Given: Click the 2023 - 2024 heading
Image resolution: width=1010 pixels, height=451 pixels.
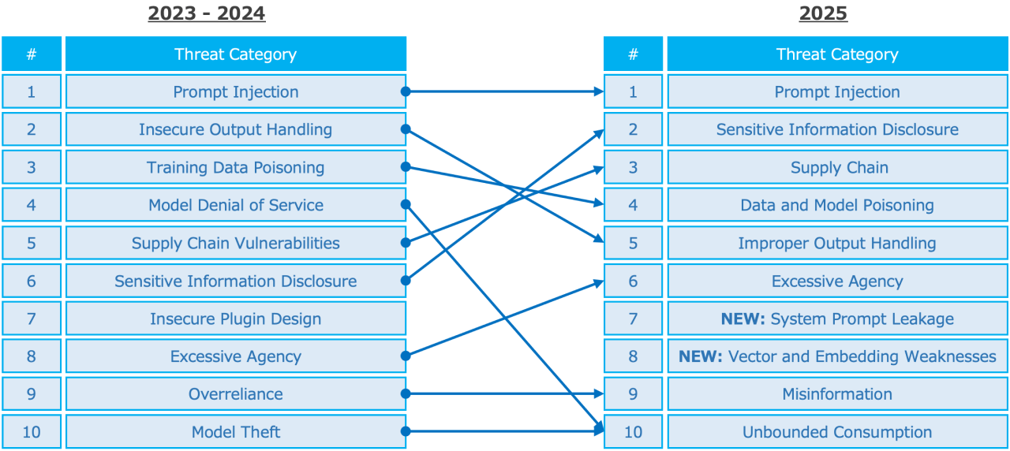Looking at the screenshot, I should click(207, 13).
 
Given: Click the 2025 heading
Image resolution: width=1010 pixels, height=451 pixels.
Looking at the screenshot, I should click(823, 13).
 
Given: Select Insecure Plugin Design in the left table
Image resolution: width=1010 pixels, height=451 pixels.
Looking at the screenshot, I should click(235, 319).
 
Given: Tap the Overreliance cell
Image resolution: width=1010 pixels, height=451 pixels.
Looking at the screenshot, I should click(235, 394).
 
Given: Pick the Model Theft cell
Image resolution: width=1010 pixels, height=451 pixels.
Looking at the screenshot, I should click(235, 432).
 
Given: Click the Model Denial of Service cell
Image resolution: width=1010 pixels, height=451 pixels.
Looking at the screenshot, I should click(235, 205).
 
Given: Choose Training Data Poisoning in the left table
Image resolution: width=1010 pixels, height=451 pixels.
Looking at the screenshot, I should click(235, 167).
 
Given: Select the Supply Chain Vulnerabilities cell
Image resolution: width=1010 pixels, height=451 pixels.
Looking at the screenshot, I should click(235, 243).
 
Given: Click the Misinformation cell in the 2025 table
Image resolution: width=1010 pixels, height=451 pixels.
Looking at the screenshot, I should click(837, 394).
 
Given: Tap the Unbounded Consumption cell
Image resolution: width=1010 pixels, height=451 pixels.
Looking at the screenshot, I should click(837, 432).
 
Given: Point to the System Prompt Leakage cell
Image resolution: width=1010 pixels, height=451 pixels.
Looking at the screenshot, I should click(837, 319).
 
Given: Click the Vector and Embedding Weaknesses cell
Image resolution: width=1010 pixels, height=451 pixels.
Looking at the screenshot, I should click(837, 356).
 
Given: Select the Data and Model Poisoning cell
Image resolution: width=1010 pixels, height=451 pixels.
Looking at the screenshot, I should click(837, 205).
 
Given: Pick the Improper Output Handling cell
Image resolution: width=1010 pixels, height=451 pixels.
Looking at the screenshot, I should click(837, 243).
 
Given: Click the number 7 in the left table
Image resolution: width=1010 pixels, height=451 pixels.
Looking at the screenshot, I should click(32, 319).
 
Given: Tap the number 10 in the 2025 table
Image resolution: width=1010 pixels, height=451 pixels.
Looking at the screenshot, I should click(633, 432).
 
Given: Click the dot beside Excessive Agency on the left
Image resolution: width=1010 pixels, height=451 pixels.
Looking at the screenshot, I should click(406, 356).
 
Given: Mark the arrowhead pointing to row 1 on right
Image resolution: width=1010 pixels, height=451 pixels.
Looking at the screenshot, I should click(599, 91).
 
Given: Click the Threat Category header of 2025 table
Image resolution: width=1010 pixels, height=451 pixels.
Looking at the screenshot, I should click(837, 54).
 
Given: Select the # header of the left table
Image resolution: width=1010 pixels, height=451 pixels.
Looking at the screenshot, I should click(32, 54).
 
